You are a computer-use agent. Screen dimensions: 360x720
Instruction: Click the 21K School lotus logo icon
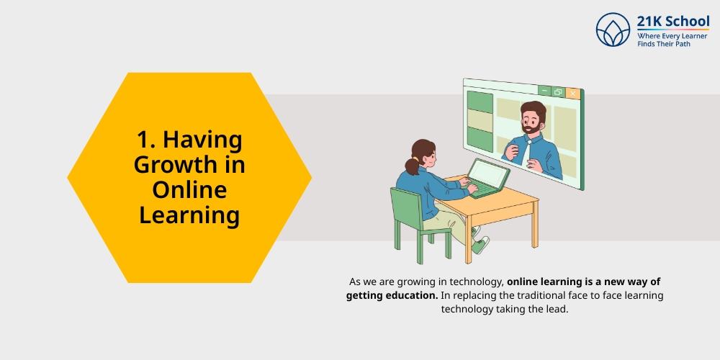pos(613,30)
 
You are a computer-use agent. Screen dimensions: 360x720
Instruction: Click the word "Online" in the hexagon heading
pos(189,190)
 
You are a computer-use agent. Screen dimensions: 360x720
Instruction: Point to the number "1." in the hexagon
pos(147,140)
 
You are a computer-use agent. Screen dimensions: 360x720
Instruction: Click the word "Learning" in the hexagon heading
pos(189,215)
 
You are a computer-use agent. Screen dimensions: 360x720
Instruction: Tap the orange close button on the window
pos(573,93)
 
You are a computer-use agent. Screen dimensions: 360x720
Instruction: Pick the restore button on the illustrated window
pos(559,91)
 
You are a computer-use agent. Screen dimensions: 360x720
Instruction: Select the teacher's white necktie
pos(529,151)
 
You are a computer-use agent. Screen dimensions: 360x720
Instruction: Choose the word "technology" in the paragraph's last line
pos(468,309)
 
